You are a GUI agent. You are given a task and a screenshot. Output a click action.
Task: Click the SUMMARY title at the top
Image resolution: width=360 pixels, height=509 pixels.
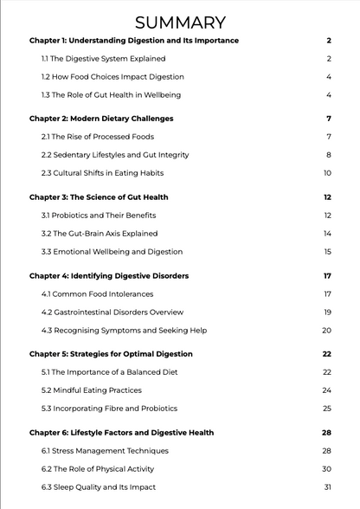180,23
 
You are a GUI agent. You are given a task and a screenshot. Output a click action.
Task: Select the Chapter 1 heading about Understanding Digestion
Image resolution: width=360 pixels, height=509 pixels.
133,41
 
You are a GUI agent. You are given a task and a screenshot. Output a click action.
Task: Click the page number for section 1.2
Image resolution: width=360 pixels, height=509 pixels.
329,77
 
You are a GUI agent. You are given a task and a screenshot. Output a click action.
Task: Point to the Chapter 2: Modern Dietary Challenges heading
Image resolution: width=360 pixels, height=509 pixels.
101,119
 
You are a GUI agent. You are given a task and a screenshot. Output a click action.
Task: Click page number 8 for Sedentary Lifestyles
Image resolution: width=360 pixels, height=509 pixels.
329,155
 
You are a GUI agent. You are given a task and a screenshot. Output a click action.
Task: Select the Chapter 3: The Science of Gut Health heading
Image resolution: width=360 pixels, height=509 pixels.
99,197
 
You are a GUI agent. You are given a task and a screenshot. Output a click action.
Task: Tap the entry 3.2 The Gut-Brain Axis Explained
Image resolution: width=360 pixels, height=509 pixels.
100,233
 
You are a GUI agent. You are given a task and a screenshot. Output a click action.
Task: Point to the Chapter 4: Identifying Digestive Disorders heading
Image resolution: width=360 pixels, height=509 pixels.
109,276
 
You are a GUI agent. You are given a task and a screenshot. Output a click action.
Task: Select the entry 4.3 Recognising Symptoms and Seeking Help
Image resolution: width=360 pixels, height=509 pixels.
124,330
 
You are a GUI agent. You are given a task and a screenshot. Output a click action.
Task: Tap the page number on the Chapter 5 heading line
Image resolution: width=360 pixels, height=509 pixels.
327,354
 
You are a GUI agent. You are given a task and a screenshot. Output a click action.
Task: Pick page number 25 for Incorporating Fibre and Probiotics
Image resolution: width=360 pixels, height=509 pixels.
327,409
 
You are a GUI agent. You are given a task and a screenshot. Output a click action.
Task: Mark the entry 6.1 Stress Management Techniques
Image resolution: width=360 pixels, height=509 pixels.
103,451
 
